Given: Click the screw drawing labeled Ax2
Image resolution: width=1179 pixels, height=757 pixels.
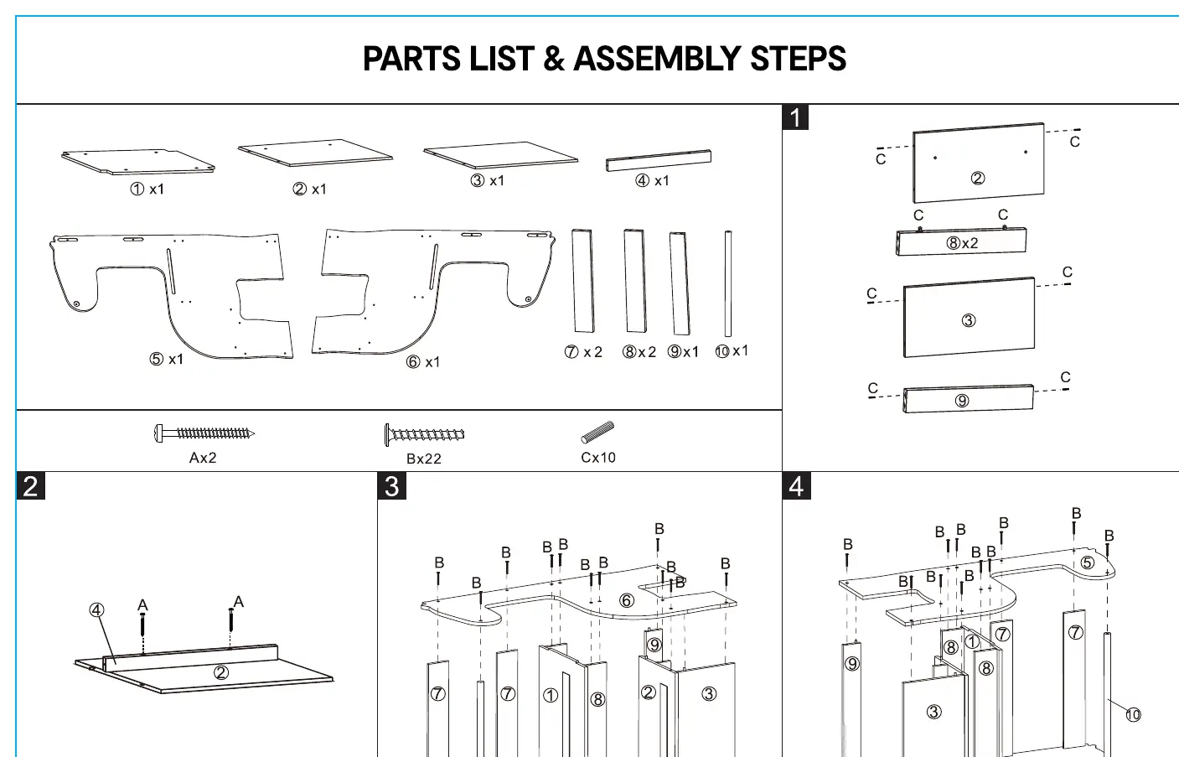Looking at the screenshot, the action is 204,433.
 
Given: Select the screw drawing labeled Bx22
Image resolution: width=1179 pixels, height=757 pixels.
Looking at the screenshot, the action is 424,435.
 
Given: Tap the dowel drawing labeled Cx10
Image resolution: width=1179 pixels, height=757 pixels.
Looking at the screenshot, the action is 597,433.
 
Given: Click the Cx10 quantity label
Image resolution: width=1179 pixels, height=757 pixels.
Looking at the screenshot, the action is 598,458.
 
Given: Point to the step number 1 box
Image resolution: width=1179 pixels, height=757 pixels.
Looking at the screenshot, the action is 795,117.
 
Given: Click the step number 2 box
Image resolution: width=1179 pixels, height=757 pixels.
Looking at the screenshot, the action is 30,485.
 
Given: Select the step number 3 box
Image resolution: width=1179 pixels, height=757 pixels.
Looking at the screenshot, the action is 391,485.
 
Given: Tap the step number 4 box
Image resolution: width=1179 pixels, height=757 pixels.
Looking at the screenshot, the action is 796,485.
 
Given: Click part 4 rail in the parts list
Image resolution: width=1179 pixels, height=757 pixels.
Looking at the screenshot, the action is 659,161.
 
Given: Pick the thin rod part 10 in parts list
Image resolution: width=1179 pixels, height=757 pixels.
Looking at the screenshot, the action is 728,283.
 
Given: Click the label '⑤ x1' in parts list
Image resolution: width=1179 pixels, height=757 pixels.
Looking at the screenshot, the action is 166,359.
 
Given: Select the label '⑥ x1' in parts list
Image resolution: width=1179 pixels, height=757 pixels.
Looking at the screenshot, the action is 422,361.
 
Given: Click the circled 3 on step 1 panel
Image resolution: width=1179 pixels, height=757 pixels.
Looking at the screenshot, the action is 969,320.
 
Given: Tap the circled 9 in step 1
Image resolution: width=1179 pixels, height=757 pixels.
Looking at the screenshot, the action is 962,401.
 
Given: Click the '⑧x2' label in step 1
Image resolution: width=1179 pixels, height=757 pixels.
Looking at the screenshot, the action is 962,242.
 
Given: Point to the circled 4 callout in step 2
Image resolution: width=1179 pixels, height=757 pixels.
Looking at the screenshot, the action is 96,609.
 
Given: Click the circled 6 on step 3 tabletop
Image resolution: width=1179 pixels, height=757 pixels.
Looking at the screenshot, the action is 626,600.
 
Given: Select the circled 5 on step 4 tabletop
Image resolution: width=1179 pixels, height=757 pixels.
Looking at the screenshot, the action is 1088,563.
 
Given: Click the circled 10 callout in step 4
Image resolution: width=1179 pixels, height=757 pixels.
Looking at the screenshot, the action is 1133,714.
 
